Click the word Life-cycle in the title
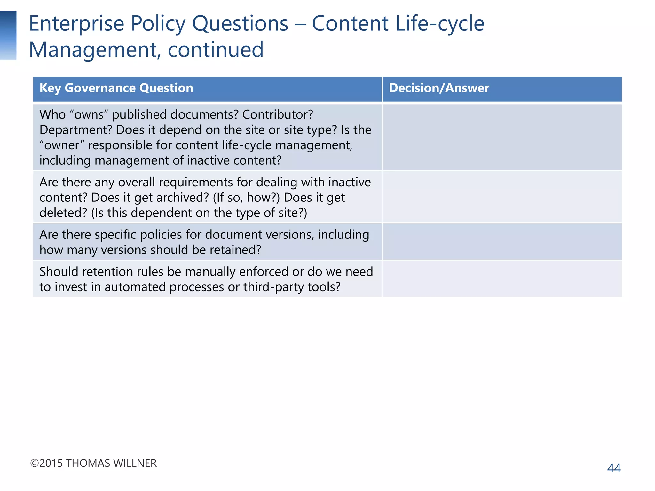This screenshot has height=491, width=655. [x=440, y=24]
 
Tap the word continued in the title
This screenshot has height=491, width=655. [x=216, y=50]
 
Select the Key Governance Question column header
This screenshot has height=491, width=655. [x=116, y=88]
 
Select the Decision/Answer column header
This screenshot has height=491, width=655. [x=439, y=88]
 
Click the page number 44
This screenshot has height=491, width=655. [x=614, y=468]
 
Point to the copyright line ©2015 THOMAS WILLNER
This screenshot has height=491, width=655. [x=93, y=463]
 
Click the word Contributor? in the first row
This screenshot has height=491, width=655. [x=278, y=114]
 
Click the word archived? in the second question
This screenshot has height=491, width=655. [x=183, y=198]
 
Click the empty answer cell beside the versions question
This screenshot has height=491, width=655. [x=501, y=242]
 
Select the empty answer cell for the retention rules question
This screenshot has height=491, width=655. [x=501, y=279]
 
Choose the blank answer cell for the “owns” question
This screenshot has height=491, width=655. [x=501, y=137]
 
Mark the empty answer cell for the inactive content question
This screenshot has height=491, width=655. [x=501, y=197]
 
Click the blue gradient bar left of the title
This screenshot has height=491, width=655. [x=8, y=35]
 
